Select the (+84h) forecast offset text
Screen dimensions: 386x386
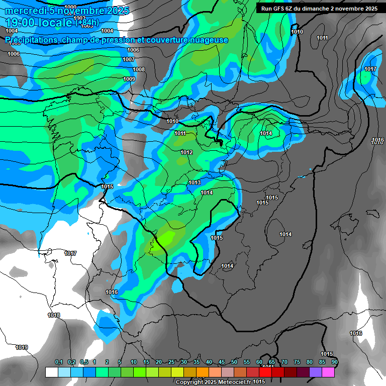[87, 22]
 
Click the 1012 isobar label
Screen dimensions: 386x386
[186, 152]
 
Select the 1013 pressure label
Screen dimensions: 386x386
[195, 182]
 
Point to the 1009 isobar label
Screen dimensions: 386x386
[129, 79]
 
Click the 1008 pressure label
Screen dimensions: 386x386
[139, 69]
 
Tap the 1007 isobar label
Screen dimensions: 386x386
[129, 59]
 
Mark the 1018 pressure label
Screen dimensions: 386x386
[54, 316]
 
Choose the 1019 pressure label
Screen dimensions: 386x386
[22, 347]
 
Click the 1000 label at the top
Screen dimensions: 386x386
[71, 7]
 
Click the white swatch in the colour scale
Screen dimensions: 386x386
[51, 372]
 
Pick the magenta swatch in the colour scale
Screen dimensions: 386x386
[328, 372]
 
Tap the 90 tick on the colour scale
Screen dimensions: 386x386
[334, 362]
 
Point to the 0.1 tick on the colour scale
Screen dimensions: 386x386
[58, 362]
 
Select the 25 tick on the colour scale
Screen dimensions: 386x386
[171, 362]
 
